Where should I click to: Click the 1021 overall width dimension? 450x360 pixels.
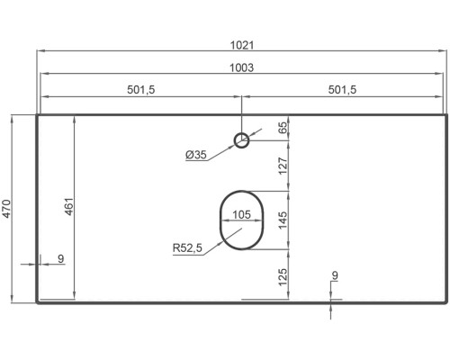click(x=242, y=46)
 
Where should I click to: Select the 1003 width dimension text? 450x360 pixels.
click(x=242, y=68)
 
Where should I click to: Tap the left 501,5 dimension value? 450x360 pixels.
click(x=141, y=90)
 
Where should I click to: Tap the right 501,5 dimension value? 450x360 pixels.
click(x=342, y=90)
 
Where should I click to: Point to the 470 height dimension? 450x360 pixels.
click(x=6, y=209)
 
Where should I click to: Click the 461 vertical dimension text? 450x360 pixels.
click(x=69, y=206)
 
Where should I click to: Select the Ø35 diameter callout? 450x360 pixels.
click(x=196, y=155)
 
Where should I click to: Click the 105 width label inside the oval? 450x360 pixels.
click(x=241, y=215)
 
